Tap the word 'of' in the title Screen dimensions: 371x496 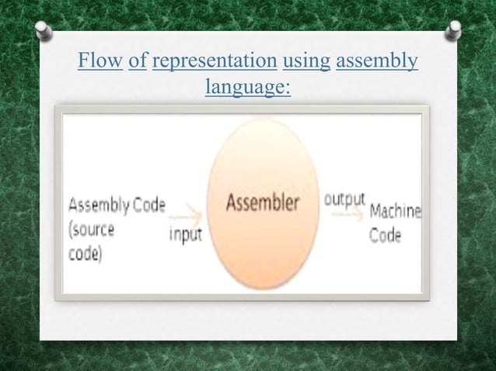137,61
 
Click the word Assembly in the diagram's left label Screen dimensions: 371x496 100,206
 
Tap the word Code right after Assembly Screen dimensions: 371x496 149,205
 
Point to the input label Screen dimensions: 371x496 186,234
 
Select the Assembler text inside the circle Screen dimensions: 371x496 263,204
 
